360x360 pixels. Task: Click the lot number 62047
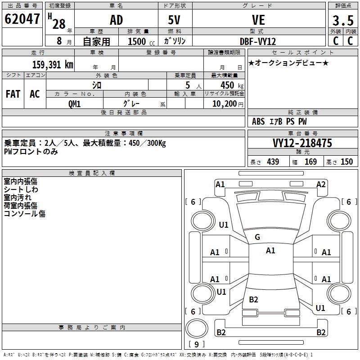click(x=22, y=20)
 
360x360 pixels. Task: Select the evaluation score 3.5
click(x=342, y=21)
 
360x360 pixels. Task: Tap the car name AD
click(x=116, y=20)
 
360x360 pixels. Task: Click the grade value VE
click(x=258, y=20)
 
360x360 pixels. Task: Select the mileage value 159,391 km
click(x=53, y=65)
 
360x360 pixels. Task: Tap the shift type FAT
click(x=13, y=94)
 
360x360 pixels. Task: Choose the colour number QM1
click(x=74, y=103)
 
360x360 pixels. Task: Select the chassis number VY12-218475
click(x=302, y=143)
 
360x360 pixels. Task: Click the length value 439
click(x=273, y=162)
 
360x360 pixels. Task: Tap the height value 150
click(x=346, y=162)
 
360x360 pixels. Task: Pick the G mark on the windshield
click(x=257, y=237)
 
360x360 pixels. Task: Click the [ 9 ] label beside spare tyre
click(x=197, y=344)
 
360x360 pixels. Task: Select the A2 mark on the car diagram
click(x=321, y=184)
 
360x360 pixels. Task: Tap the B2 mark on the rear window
click(x=253, y=300)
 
